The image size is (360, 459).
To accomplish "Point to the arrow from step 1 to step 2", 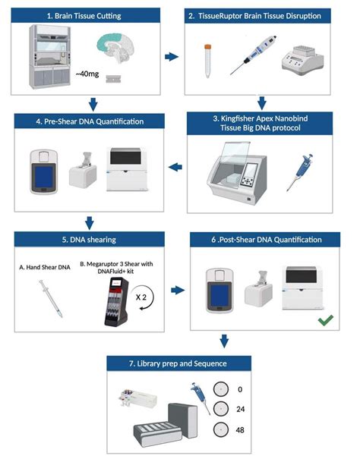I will point(172,56).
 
